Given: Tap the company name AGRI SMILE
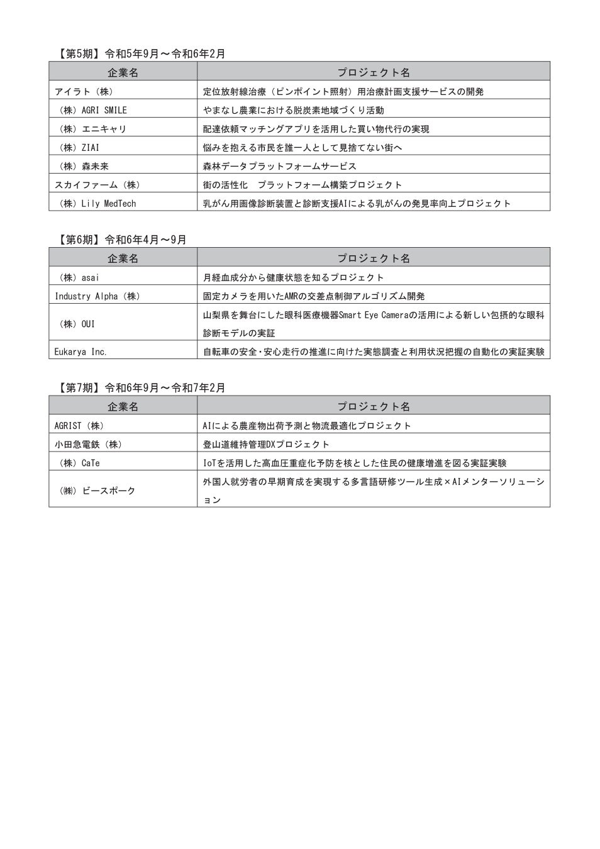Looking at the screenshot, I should pos(104,110).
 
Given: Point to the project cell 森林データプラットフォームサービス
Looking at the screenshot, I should pos(279,167).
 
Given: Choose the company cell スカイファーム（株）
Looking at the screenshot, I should pos(97,185).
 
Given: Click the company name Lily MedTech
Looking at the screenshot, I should pos(108,204).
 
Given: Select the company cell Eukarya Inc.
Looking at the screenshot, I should pos(81,352).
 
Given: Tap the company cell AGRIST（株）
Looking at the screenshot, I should pos(79,426).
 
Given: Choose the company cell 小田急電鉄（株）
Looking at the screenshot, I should pos(88,445).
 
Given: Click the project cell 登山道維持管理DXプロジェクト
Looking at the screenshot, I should pos(266,445).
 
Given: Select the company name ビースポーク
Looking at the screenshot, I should pos(109,491).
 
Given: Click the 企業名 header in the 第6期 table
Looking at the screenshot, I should pos(123,258).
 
